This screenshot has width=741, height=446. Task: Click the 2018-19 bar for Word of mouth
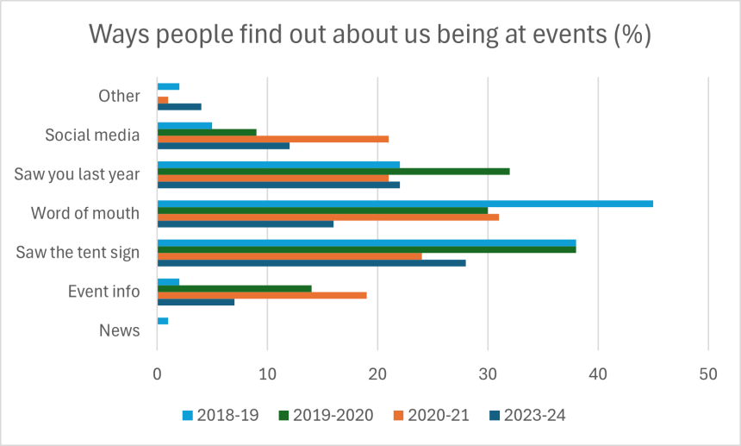coord(405,204)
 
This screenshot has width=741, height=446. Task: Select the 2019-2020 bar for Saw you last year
coord(333,171)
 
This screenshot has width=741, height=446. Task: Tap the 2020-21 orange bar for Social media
coord(272,138)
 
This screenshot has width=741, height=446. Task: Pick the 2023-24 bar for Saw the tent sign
coord(311,262)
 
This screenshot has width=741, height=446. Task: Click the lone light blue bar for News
coord(163,321)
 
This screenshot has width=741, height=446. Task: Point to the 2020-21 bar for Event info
coord(262,295)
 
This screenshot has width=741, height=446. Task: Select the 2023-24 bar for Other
coord(179,106)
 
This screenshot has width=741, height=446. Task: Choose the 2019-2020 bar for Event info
coord(234,288)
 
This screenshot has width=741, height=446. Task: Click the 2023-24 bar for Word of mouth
coord(246,223)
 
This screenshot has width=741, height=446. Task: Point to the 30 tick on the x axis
coord(488,375)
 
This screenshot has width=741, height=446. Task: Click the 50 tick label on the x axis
coord(708,375)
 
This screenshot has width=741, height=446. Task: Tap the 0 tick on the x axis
coord(157,375)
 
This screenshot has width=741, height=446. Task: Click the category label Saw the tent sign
coord(78,253)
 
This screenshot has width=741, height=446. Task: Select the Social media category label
coord(92,135)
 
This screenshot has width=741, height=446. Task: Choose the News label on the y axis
coord(119,330)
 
